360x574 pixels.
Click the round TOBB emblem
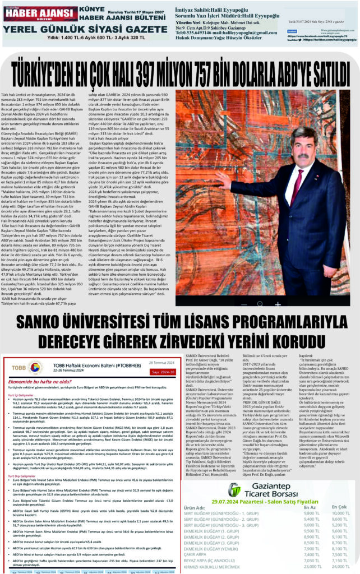(34, 366)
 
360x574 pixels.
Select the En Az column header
(310, 508)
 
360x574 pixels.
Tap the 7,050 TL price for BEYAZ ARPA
(311, 560)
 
